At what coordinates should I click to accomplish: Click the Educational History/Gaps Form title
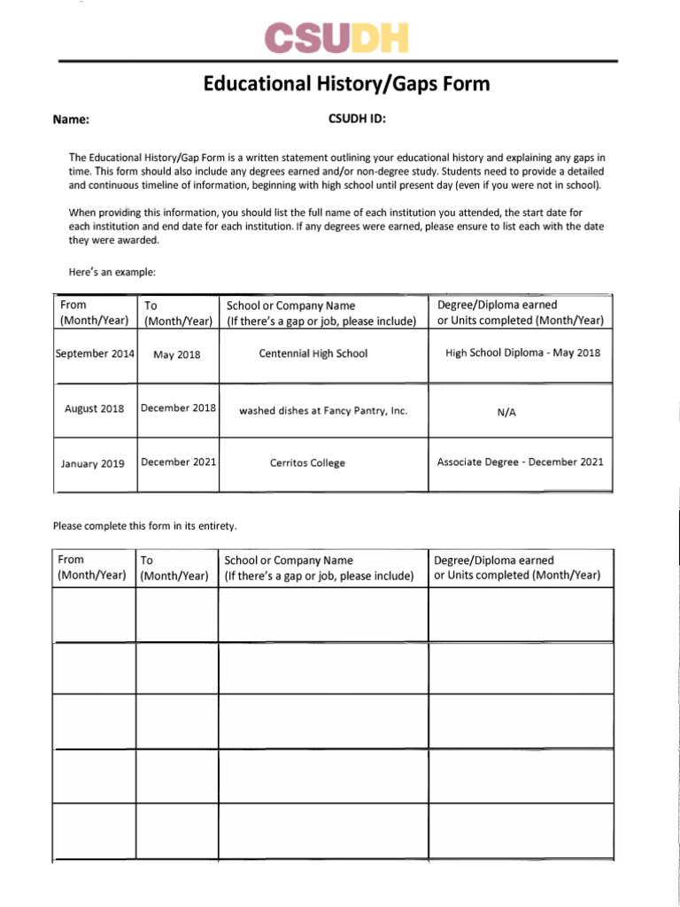(346, 84)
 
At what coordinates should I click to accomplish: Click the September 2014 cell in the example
(95, 353)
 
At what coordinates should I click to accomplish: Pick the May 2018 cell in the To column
(177, 354)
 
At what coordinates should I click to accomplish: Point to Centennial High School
(313, 353)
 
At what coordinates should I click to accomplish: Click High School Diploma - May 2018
(522, 353)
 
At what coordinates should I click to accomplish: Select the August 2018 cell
(95, 409)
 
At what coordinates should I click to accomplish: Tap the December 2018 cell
(178, 408)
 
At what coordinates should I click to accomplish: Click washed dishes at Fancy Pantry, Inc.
(323, 411)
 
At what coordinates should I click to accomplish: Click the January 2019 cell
(93, 463)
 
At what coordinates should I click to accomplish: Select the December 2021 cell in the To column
(178, 461)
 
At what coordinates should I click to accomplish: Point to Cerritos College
(307, 463)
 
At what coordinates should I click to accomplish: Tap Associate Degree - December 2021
(521, 462)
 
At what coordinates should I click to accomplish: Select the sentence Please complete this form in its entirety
(145, 526)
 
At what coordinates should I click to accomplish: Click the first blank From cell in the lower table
(95, 615)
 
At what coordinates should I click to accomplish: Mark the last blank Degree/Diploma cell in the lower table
(521, 830)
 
